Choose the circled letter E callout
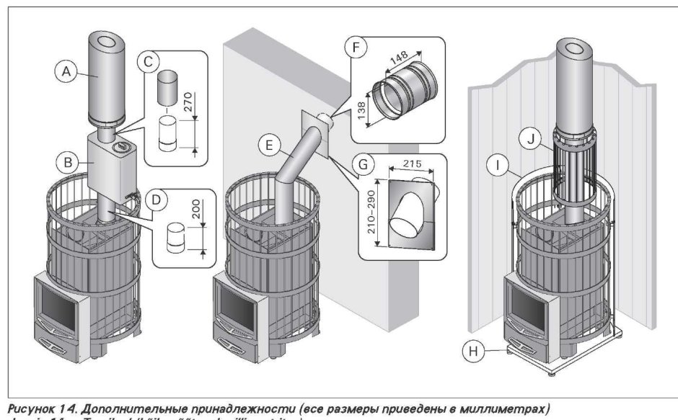(269, 145)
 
